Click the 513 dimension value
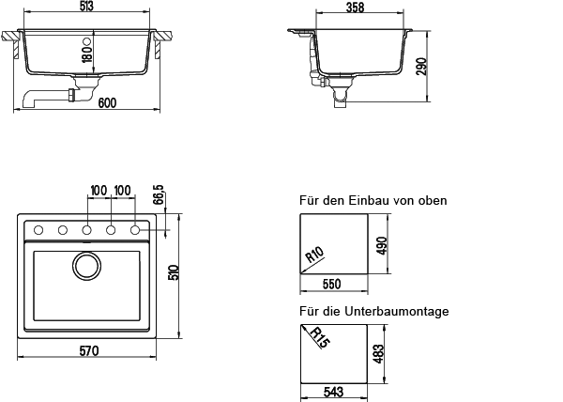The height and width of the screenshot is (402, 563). coord(86,7)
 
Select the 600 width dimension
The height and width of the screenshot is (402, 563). coord(107,103)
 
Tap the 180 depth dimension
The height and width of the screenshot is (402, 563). coord(87,54)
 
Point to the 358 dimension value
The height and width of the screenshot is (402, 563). coord(355,8)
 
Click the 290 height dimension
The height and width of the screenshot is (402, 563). coord(421,67)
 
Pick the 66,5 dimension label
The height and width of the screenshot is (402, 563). coord(159,194)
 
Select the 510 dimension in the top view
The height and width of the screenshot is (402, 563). coord(174,272)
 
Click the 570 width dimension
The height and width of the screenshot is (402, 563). coord(89,350)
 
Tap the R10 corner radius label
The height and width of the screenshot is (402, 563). coord(314,255)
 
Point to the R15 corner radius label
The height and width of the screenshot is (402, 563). coord(319,337)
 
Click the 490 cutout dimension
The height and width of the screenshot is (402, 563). coord(382,246)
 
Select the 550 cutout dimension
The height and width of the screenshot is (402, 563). coord(331,285)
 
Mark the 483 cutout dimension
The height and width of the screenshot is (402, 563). coord(378,354)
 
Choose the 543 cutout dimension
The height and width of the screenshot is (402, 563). coord(333,392)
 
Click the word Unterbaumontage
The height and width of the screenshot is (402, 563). coord(397,311)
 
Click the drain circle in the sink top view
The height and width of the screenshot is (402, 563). coord(86,266)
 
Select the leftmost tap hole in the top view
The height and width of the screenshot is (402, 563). coord(38,230)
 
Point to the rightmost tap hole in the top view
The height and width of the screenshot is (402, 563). coord(135,230)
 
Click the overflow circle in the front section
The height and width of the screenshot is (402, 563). coord(86,41)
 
